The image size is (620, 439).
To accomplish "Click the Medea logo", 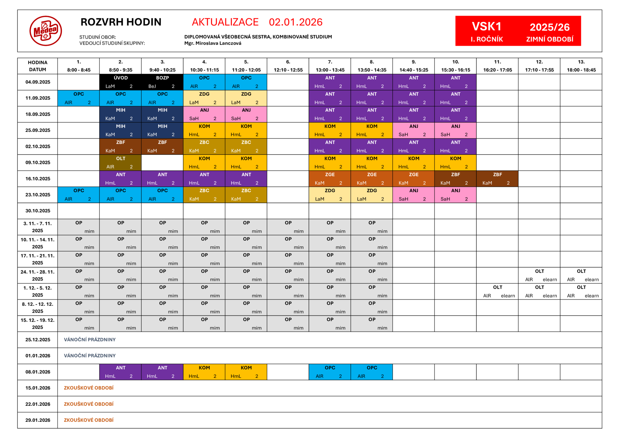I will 46,31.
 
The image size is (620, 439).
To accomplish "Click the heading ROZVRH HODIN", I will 121,22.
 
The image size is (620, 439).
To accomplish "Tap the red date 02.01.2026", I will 295,22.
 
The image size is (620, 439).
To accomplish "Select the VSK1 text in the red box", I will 486,27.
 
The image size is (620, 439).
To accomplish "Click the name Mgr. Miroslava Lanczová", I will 212,43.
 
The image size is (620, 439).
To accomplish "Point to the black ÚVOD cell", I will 120,82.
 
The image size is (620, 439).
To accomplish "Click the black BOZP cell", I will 162,82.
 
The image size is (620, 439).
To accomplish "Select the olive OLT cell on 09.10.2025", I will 120,163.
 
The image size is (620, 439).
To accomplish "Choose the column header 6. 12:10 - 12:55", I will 288,66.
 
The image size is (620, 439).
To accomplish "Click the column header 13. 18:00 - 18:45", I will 581,66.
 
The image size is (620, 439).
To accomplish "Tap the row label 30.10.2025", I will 38,211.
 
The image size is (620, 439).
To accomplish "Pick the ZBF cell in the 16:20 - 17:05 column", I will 497,179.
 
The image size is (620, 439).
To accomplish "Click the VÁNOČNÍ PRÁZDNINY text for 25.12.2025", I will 90,340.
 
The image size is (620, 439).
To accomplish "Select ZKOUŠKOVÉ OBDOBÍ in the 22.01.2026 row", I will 89,404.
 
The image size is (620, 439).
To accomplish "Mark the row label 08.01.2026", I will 38,372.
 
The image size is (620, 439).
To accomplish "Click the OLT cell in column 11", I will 497,291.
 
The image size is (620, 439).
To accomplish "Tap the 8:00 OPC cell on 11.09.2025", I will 78,98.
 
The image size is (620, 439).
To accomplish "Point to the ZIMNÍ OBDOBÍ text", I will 550,39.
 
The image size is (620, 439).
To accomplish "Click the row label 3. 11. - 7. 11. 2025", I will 37,227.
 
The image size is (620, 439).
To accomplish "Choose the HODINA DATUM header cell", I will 37,66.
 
